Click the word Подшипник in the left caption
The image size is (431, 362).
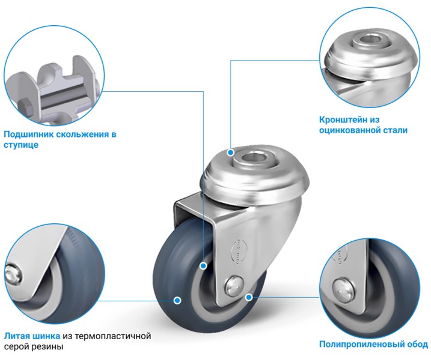[28, 134]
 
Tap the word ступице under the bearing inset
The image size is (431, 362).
[21, 145]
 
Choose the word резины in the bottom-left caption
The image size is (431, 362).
[47, 347]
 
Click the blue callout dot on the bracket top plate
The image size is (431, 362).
[231, 152]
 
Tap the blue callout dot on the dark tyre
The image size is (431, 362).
[177, 300]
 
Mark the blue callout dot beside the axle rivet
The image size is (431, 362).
[249, 297]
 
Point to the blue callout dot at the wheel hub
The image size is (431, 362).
[203, 266]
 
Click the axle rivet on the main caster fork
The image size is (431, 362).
[234, 286]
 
